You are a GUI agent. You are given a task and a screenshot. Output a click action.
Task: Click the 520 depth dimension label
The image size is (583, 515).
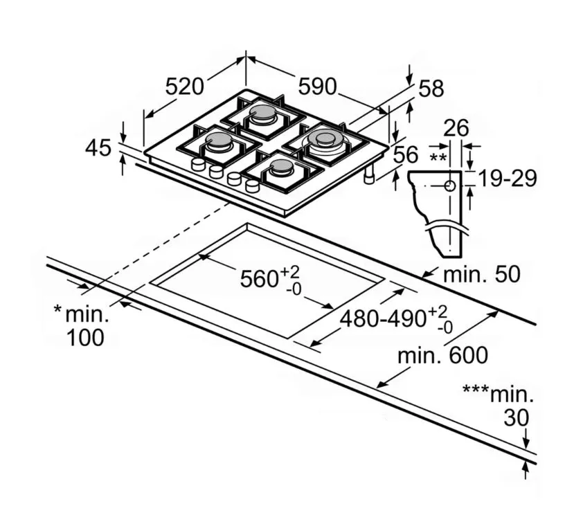click(185, 87)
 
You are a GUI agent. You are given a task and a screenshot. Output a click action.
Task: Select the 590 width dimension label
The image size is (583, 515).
click(317, 87)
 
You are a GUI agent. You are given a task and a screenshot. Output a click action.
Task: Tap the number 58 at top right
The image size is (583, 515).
click(431, 89)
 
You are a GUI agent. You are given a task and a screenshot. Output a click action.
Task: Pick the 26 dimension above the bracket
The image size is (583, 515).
click(456, 128)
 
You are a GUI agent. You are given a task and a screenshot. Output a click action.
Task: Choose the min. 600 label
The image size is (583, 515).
click(442, 356)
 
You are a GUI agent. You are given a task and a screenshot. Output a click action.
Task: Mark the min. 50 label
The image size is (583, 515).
click(481, 274)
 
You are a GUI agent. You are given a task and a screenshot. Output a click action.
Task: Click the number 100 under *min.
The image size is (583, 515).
click(87, 338)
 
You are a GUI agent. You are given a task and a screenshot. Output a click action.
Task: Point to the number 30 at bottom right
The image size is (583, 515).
click(516, 417)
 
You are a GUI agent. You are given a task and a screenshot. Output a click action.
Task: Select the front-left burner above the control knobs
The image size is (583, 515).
click(218, 142)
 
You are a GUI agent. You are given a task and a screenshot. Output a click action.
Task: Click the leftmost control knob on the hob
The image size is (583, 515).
click(198, 165)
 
